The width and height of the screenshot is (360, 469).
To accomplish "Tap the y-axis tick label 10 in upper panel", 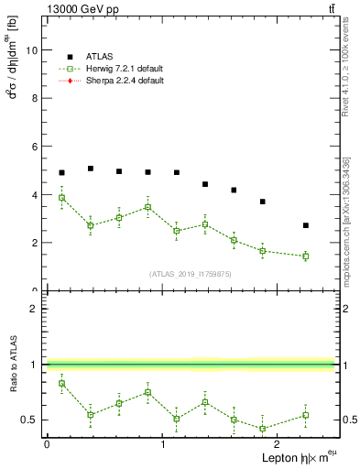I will click(33, 50).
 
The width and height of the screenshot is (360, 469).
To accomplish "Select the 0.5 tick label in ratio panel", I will click(30, 420).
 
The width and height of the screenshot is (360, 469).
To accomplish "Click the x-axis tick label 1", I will click(163, 444).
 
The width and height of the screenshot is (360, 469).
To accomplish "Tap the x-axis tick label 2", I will click(278, 444).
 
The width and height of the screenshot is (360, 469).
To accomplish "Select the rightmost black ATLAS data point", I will click(306, 225).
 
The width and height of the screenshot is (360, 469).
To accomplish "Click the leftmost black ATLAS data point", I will click(61, 172).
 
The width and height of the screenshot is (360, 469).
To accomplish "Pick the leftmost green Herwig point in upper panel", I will click(61, 198).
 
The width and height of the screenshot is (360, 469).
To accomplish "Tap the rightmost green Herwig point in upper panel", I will click(306, 256).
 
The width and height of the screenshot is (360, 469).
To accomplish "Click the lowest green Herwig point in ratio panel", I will click(263, 429).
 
